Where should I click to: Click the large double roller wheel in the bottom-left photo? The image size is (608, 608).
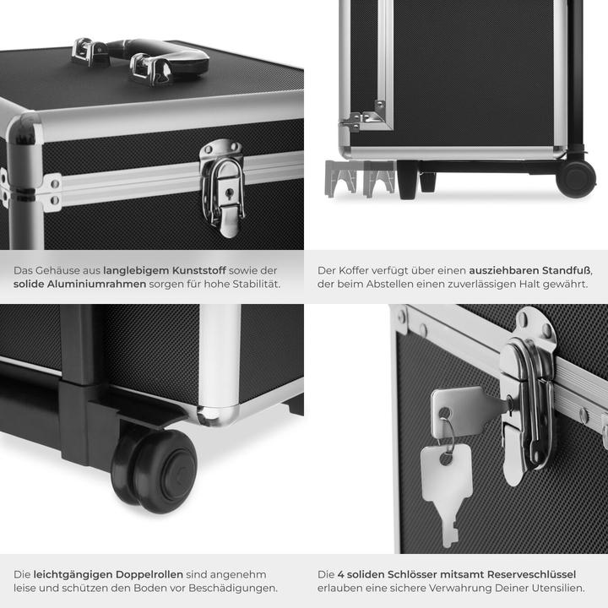click(156, 469)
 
